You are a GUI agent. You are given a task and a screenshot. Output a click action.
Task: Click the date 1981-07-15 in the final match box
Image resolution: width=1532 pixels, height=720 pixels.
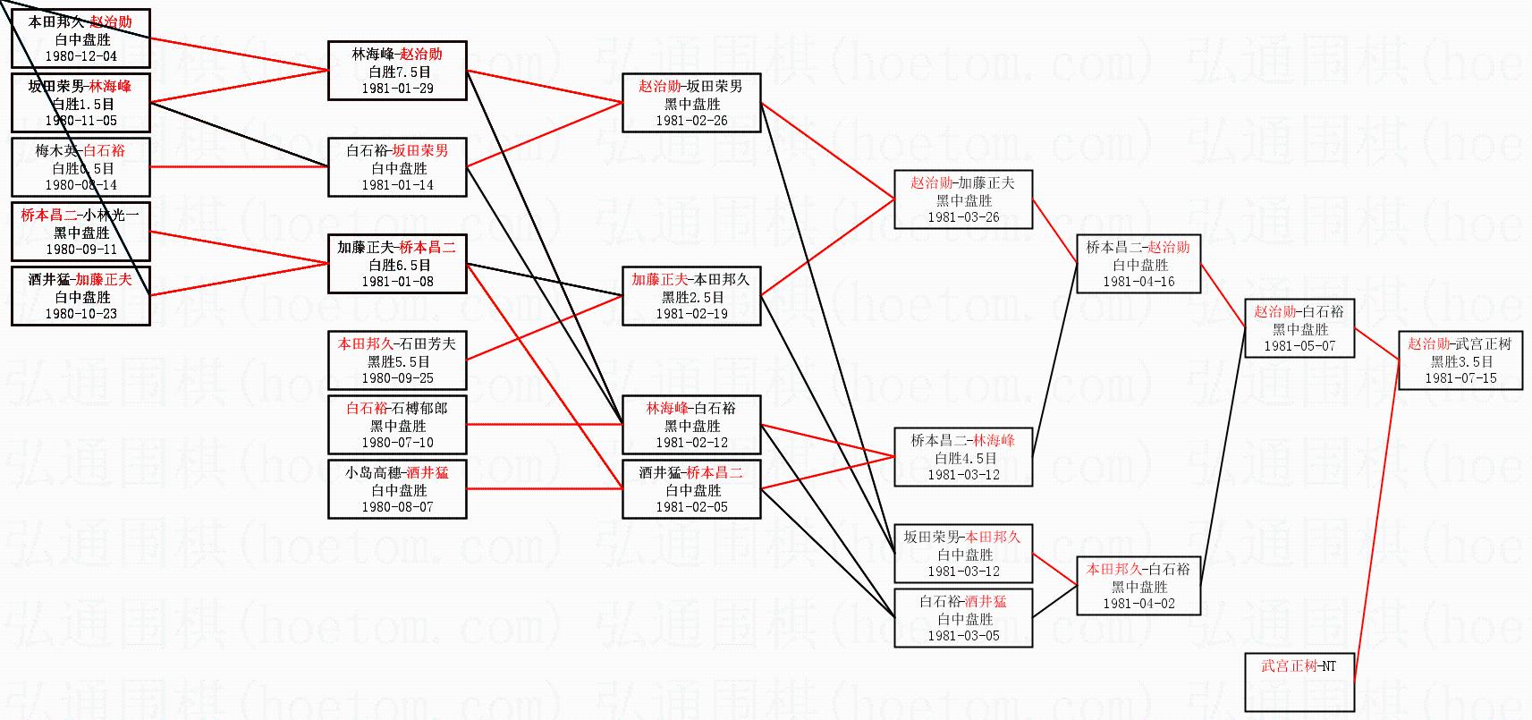pos(1460,378)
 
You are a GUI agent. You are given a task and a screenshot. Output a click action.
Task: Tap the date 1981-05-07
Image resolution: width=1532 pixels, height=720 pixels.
pos(1299,346)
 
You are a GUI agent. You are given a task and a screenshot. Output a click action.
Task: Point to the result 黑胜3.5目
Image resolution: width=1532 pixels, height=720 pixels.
pos(1460,361)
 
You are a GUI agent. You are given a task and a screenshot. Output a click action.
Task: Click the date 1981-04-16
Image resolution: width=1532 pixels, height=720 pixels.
pos(1138,282)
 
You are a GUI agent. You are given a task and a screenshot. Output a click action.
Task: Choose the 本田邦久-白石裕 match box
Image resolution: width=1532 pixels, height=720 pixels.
pos(1138,586)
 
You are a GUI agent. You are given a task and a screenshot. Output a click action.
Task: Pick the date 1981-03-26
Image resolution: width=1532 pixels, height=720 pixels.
pos(963,217)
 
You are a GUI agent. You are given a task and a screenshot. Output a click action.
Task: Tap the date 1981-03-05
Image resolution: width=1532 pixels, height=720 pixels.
pos(963,636)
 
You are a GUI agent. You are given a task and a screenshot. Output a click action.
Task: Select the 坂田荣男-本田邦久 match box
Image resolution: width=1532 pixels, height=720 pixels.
pos(963,554)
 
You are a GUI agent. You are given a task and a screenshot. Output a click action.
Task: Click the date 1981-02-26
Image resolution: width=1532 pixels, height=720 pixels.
pos(691,121)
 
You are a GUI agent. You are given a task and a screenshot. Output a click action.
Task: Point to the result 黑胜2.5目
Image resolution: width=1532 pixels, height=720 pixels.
pos(692,297)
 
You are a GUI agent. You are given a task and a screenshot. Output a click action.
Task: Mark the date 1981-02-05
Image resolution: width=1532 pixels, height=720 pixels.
pos(691,507)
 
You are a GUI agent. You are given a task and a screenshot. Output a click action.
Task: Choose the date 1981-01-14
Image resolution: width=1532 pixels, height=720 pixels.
pos(397,185)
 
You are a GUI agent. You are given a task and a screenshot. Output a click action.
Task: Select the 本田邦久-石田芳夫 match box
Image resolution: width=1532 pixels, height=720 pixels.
pos(397,360)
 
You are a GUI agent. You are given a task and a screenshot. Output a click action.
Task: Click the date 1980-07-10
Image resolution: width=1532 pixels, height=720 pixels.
pos(397,443)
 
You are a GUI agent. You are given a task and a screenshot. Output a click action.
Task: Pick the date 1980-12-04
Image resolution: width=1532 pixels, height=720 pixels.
pos(80,56)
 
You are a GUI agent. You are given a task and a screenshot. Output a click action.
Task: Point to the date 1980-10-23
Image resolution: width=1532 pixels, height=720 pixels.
pos(80,314)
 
